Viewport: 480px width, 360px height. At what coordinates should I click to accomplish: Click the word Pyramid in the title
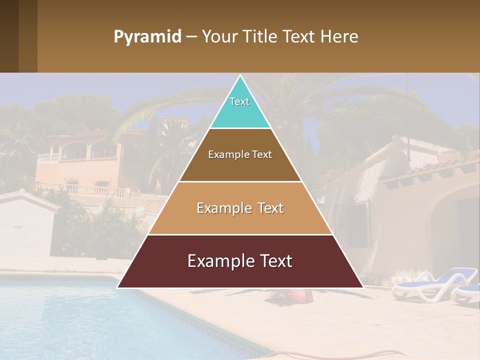(x=147, y=37)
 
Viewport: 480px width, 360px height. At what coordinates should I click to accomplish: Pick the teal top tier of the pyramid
(x=240, y=107)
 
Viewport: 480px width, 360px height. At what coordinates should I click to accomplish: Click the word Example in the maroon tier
(x=218, y=261)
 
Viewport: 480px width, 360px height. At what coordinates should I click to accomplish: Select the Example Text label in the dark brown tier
(x=240, y=154)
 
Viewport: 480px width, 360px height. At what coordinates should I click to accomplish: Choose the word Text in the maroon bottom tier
(x=274, y=261)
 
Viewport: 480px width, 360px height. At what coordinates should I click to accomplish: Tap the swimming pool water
(x=75, y=320)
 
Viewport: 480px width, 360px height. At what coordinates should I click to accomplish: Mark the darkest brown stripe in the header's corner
(x=9, y=36)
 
